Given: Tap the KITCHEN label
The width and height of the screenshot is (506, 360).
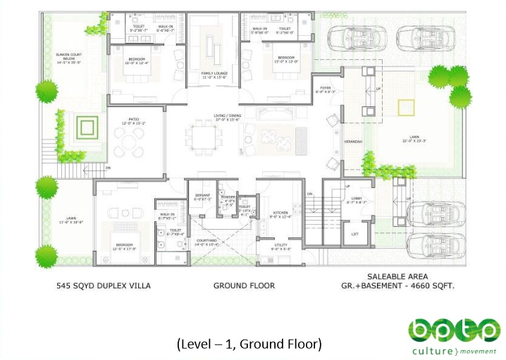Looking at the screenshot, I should point(281,213).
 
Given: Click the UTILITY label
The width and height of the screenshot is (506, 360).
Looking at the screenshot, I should point(281,244).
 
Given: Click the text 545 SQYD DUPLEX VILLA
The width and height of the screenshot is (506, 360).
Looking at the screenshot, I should point(103,286).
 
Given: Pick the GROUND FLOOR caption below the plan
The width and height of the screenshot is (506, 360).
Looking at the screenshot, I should point(244,286).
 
